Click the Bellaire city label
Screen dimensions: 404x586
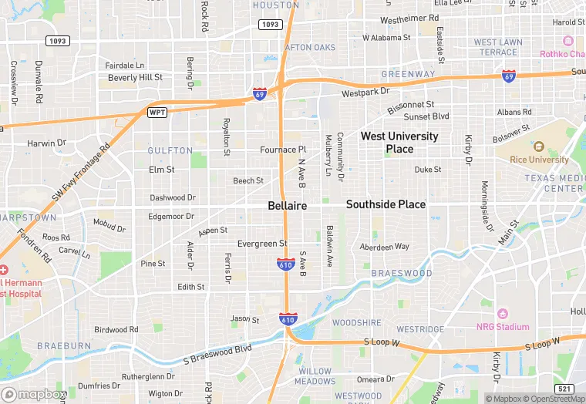288,206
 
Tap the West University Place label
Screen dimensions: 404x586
399,142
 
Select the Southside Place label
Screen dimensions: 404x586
386,204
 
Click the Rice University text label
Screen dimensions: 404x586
539,160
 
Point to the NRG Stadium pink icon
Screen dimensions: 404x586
503,314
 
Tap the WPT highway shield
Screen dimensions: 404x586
157,113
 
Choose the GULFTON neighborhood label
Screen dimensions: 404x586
170,150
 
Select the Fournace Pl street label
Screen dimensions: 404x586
283,150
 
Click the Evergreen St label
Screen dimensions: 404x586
262,244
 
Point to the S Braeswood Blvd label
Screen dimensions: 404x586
218,355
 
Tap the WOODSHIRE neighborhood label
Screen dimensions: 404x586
357,323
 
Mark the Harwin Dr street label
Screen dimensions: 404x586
47,143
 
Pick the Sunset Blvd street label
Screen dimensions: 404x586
427,116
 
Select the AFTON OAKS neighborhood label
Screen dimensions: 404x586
311,48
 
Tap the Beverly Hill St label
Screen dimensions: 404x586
135,78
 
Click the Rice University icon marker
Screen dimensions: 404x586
539,146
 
